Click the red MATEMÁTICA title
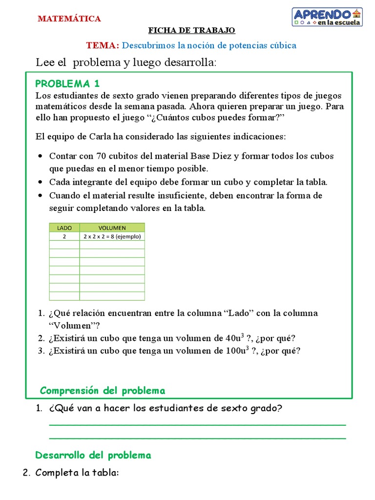pos(69,19)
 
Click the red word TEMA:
pos(103,45)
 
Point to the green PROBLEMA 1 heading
pos(68,83)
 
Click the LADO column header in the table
pos(64,228)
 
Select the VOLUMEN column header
pos(112,228)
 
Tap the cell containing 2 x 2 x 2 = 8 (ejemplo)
pos(112,236)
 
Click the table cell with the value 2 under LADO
pos(64,236)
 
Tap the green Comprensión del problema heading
pos(103,391)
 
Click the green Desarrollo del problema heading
pos(93,455)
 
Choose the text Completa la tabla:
pos(77,473)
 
